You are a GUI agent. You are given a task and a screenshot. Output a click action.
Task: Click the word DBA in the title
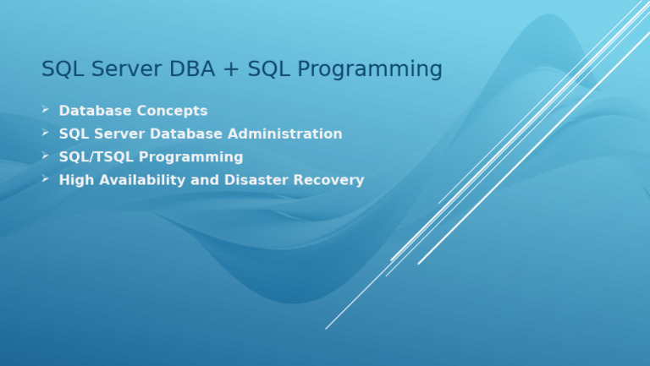[191, 69]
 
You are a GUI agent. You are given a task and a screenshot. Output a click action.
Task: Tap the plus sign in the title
[231, 70]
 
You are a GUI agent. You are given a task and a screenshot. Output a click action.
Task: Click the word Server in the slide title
[122, 69]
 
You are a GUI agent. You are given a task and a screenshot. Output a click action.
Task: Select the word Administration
[290, 134]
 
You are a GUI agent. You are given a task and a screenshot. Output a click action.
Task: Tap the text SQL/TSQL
[96, 157]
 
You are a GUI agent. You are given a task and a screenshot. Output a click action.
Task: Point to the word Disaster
[258, 180]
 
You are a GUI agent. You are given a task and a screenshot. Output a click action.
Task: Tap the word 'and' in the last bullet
[209, 180]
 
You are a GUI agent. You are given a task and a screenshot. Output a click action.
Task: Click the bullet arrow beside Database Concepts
[46, 110]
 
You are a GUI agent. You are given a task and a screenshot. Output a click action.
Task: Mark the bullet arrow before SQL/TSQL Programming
[46, 156]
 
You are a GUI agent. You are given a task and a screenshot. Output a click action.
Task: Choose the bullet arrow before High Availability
[46, 178]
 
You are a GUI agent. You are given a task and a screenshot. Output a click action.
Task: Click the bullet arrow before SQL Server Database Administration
[46, 133]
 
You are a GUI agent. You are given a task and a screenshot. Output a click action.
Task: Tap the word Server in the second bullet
[118, 134]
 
